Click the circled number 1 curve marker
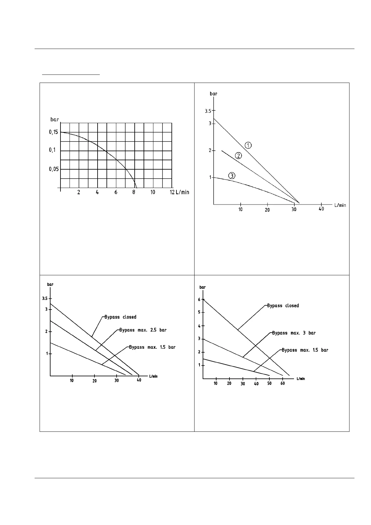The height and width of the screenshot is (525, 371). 248,145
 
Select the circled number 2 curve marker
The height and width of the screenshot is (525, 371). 238,156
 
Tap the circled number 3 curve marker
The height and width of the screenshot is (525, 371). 232,176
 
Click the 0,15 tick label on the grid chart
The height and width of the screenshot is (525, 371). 53,132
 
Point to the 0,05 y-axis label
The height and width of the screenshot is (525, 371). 54,169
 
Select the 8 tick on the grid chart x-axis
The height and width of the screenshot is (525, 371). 134,192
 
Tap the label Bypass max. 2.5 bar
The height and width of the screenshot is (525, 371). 143,330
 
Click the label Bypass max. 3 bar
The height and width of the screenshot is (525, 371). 294,333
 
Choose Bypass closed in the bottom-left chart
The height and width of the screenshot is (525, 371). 120,317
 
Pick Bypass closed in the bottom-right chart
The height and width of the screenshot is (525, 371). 283,306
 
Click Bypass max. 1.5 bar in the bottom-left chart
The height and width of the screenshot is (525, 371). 152,347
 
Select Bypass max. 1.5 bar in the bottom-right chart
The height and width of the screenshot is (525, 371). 305,350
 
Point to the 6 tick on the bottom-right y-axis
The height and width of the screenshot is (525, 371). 199,299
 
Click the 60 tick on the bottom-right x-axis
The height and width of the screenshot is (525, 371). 282,383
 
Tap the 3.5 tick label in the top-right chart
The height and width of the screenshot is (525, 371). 208,111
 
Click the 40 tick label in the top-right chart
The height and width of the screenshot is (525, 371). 321,209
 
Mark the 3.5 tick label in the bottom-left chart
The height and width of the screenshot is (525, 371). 45,298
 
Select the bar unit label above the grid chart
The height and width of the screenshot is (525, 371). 55,119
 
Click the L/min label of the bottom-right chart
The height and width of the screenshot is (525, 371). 301,378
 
